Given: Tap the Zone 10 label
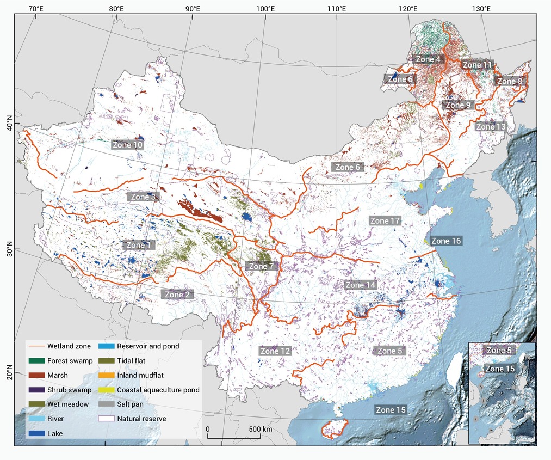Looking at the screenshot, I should [128, 145].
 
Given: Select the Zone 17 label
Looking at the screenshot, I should [385, 221].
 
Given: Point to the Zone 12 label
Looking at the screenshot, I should [275, 351].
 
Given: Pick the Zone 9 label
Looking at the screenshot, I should [457, 105].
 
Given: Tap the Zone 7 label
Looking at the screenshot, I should [260, 267].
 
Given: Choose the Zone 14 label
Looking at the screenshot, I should [361, 285].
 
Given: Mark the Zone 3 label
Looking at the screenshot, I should [143, 197].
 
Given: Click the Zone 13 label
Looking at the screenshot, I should [491, 127].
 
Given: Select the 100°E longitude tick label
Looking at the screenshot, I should [265, 9].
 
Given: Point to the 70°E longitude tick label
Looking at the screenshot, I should [36, 9].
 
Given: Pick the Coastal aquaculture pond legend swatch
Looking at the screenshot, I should [106, 390].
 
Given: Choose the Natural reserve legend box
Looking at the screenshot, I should [106, 419].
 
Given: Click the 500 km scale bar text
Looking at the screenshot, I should [261, 429].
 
